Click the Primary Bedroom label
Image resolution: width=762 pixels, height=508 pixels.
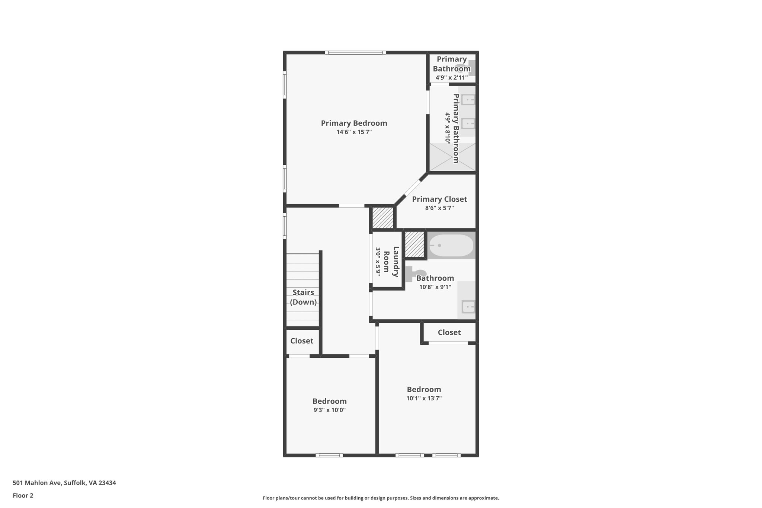[x=354, y=123]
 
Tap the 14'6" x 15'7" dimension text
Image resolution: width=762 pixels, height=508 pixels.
[x=354, y=132]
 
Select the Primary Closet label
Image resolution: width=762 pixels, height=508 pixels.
[x=439, y=199]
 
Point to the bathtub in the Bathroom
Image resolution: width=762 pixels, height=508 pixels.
[x=451, y=245]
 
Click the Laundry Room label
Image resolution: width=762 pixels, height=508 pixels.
[x=391, y=262]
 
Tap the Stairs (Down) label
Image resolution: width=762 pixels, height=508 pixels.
[x=303, y=297]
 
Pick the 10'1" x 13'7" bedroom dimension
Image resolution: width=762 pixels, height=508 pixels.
[x=424, y=398]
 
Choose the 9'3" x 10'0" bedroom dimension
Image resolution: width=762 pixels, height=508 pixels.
[x=329, y=410]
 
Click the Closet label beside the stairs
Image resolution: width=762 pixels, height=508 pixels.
[x=302, y=341]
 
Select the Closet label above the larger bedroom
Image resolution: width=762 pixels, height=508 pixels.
[x=449, y=332]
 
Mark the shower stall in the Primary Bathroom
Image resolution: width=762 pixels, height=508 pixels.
[x=452, y=157]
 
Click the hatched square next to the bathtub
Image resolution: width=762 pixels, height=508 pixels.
[x=414, y=244]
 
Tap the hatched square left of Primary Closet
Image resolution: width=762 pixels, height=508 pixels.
[x=383, y=218]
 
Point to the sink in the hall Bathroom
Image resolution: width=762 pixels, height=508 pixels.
[x=467, y=307]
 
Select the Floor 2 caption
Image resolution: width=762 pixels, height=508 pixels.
[x=23, y=495]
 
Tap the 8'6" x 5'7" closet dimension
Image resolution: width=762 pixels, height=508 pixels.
[x=439, y=208]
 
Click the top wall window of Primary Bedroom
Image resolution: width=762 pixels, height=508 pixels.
[x=355, y=52]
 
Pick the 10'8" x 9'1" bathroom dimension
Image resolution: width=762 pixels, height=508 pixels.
[x=435, y=287]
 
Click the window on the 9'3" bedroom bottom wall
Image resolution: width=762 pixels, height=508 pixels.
[x=329, y=455]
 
